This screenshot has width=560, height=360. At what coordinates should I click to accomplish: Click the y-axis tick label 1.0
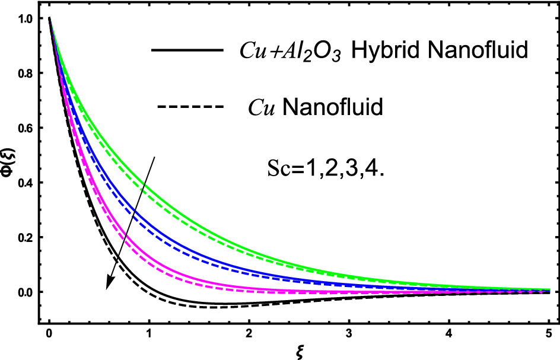[27, 18]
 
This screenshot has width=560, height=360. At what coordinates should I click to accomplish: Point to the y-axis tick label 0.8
[27, 73]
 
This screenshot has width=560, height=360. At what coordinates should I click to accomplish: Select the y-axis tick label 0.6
[27, 128]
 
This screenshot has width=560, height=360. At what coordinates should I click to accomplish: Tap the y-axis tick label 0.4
[27, 183]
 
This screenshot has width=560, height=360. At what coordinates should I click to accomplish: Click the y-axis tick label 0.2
[27, 237]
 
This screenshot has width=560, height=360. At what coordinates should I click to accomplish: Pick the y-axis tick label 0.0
[27, 292]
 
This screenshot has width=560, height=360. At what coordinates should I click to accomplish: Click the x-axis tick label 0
[49, 329]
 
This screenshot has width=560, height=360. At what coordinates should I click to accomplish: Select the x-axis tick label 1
[149, 329]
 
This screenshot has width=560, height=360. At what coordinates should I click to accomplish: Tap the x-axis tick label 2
[249, 329]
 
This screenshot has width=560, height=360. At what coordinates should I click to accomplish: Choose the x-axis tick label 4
[448, 329]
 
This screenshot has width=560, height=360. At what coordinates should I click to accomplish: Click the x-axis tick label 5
[548, 329]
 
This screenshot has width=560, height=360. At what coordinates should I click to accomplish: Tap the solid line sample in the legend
[187, 51]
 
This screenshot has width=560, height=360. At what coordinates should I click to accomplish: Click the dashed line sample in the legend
[190, 107]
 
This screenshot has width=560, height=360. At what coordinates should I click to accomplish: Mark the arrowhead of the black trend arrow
[109, 285]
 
